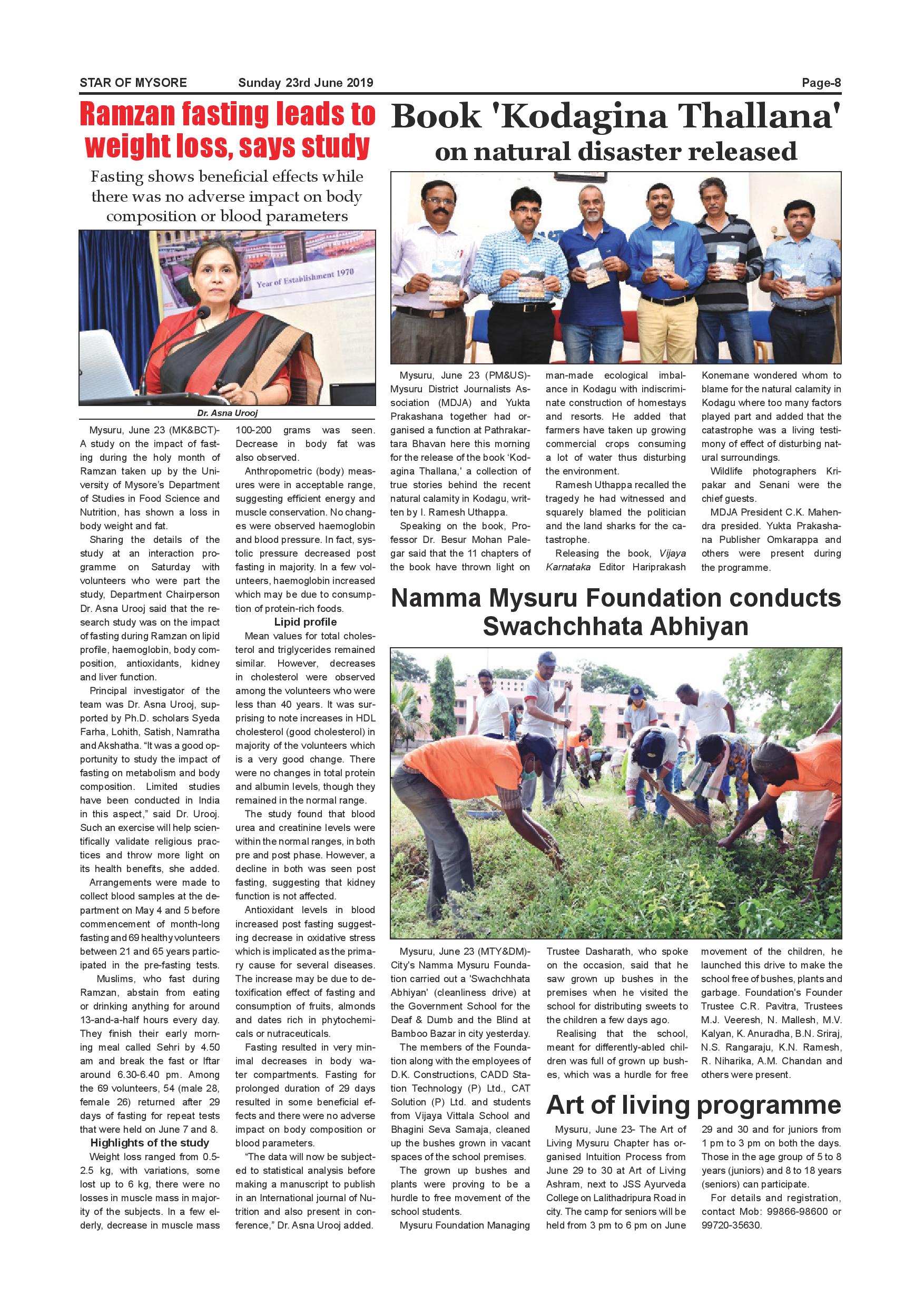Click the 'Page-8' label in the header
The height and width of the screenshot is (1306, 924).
[x=820, y=83]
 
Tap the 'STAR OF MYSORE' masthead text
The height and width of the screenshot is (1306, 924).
[x=133, y=83]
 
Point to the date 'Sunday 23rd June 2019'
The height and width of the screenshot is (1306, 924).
[x=306, y=83]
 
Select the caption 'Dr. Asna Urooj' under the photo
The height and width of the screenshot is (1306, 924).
[x=228, y=413]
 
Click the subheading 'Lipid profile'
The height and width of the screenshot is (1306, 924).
[x=306, y=622]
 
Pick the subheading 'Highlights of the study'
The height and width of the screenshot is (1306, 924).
[x=150, y=1143]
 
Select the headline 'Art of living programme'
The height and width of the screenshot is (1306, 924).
[x=693, y=1105]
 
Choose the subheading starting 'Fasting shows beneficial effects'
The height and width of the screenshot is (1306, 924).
[x=227, y=196]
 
